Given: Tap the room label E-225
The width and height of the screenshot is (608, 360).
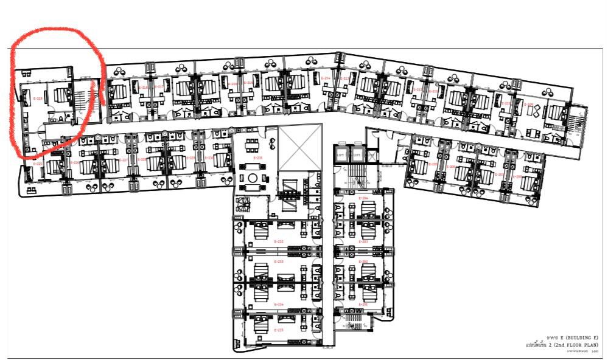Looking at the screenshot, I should (x=38, y=164).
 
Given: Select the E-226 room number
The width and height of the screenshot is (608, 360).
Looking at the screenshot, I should (x=75, y=162).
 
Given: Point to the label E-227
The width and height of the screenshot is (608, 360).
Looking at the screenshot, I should (x=125, y=160).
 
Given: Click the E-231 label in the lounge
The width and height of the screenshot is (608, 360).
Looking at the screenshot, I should (x=258, y=157).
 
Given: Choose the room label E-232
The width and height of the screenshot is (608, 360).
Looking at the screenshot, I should (x=279, y=241).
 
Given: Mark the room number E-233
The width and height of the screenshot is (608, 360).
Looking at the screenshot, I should (x=279, y=261).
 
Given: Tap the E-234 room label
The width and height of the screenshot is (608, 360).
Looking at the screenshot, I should (x=279, y=304).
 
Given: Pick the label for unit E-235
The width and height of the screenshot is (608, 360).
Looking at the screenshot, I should (x=279, y=330).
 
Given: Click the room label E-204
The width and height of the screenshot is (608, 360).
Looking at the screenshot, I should (x=364, y=198).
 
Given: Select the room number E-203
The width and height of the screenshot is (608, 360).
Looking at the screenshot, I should (x=364, y=241).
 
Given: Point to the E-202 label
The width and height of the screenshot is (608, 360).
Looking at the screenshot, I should (x=364, y=261).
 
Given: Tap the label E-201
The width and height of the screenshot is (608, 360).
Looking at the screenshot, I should (x=364, y=304).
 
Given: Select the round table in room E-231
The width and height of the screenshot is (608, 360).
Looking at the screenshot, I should (x=252, y=178).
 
